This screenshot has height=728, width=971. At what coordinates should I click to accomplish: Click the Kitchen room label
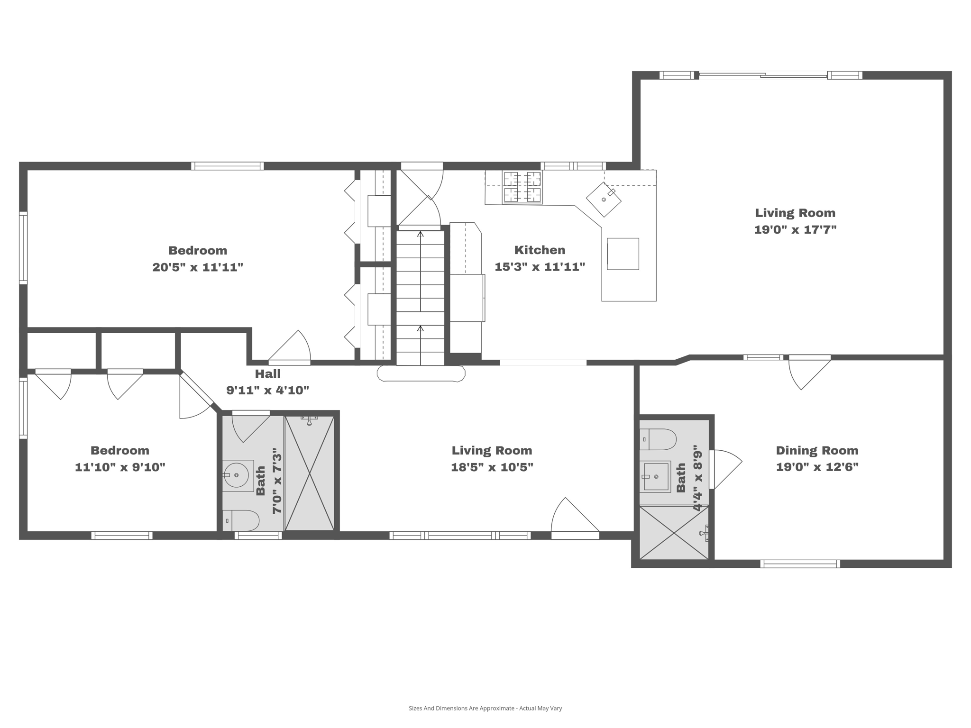[x=540, y=250]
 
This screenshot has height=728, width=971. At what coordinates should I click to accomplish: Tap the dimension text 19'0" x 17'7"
[x=795, y=230]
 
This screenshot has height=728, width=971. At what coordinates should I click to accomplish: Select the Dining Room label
[x=817, y=450]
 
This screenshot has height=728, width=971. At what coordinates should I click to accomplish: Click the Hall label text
[x=267, y=373]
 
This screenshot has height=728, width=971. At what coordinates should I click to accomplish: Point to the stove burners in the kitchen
[x=522, y=187]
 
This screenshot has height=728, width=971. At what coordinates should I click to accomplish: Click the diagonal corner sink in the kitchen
[x=604, y=199]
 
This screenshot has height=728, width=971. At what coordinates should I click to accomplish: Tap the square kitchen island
[x=623, y=254]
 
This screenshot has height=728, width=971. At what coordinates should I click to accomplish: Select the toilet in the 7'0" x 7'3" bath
[x=242, y=520]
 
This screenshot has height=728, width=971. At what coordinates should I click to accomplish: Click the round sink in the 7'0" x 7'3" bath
[x=236, y=475]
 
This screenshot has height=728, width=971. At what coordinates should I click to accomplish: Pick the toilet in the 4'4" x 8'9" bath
[x=658, y=439]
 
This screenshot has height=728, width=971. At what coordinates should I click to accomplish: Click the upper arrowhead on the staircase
[x=420, y=234]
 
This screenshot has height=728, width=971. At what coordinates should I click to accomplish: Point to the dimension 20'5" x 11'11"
[x=198, y=267]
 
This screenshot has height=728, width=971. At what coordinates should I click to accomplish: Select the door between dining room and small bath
[x=726, y=469]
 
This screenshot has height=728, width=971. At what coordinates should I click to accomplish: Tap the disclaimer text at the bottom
[x=485, y=708]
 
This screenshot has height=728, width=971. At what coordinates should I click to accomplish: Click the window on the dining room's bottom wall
[x=800, y=564]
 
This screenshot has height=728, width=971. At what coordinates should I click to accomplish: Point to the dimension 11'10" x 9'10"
[x=120, y=467]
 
